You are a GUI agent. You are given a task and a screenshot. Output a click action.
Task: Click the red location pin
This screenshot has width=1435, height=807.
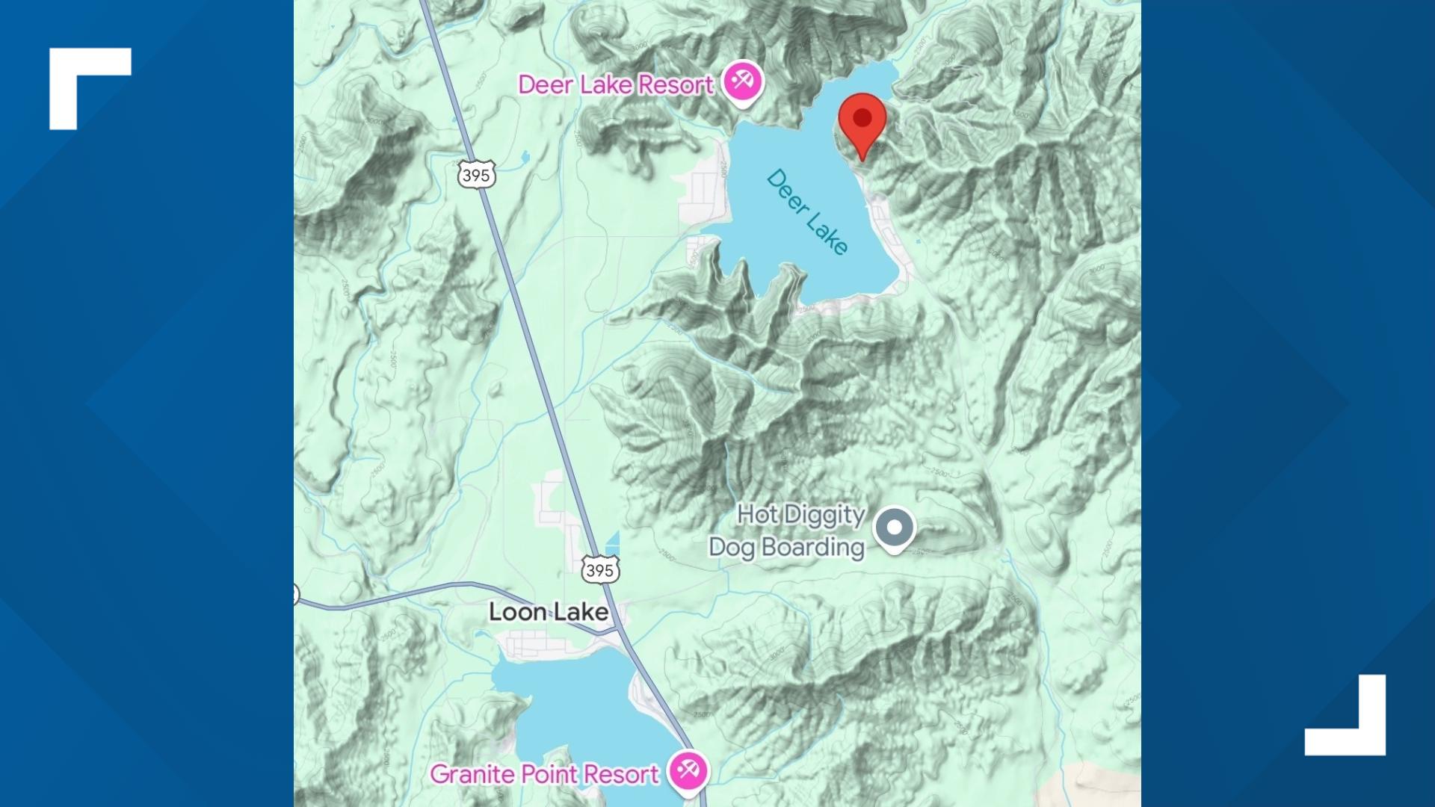(x=862, y=120)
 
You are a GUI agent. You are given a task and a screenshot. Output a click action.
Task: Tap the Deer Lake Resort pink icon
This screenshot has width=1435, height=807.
(x=742, y=81)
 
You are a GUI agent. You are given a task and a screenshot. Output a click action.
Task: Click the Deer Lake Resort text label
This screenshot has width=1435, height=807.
(x=615, y=85)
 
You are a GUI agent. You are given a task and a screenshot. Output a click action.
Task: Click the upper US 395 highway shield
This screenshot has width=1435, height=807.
(x=476, y=175)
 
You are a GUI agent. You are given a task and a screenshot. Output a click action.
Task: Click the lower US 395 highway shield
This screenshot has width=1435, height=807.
(x=600, y=570)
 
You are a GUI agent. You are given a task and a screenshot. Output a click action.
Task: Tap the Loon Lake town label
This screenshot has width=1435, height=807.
(x=548, y=612)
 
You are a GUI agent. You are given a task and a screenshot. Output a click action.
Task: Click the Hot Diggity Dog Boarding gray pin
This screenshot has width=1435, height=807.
(x=895, y=528)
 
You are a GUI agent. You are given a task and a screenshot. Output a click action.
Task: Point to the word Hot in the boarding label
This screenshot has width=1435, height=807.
(x=757, y=514)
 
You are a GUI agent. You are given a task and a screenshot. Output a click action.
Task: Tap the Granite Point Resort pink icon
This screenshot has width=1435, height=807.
(x=688, y=770)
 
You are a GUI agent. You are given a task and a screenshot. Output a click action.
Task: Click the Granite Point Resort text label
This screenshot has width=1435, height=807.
(x=544, y=774)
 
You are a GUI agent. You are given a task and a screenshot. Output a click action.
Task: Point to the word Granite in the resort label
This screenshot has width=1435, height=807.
(x=471, y=774)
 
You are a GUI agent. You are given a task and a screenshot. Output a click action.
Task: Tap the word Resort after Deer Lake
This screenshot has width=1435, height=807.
(x=675, y=85)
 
